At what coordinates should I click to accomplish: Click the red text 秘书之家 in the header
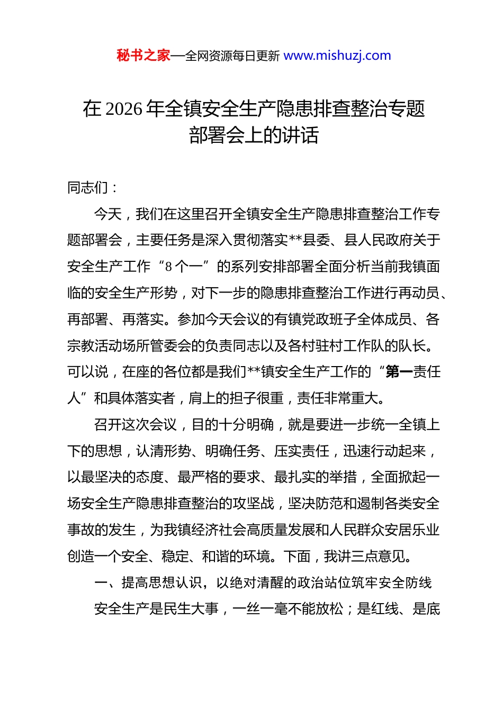pyautogui.click(x=143, y=56)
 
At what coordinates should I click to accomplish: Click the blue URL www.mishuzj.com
pyautogui.click(x=337, y=56)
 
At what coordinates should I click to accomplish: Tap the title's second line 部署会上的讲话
pyautogui.click(x=254, y=135)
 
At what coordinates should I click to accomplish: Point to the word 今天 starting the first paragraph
pyautogui.click(x=108, y=214)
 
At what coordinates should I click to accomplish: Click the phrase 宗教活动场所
pyautogui.click(x=108, y=346)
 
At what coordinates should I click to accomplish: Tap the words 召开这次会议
pyautogui.click(x=136, y=425)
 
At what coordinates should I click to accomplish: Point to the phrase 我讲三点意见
pyautogui.click(x=365, y=557)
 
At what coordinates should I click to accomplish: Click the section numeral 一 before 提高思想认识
pyautogui.click(x=101, y=583)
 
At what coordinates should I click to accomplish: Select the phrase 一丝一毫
pyautogui.click(x=260, y=609)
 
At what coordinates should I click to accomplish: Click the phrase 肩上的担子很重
pyautogui.click(x=236, y=398)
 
